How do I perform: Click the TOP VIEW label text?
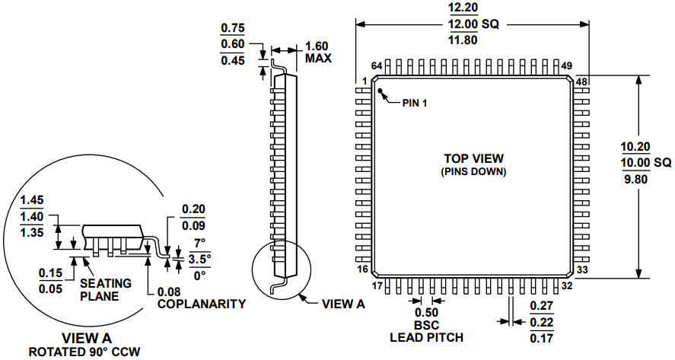click(473, 158)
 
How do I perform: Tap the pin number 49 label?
click(566, 66)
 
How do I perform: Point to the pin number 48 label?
click(581, 81)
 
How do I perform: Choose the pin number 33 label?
click(582, 269)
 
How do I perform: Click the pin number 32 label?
click(566, 285)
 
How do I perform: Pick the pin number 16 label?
click(363, 269)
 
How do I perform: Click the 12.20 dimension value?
click(463, 8)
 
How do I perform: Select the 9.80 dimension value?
click(636, 179)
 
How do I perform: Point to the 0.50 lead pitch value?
click(426, 312)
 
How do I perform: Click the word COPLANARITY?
click(201, 304)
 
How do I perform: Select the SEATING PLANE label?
click(105, 289)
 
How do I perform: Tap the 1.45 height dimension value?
click(33, 200)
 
